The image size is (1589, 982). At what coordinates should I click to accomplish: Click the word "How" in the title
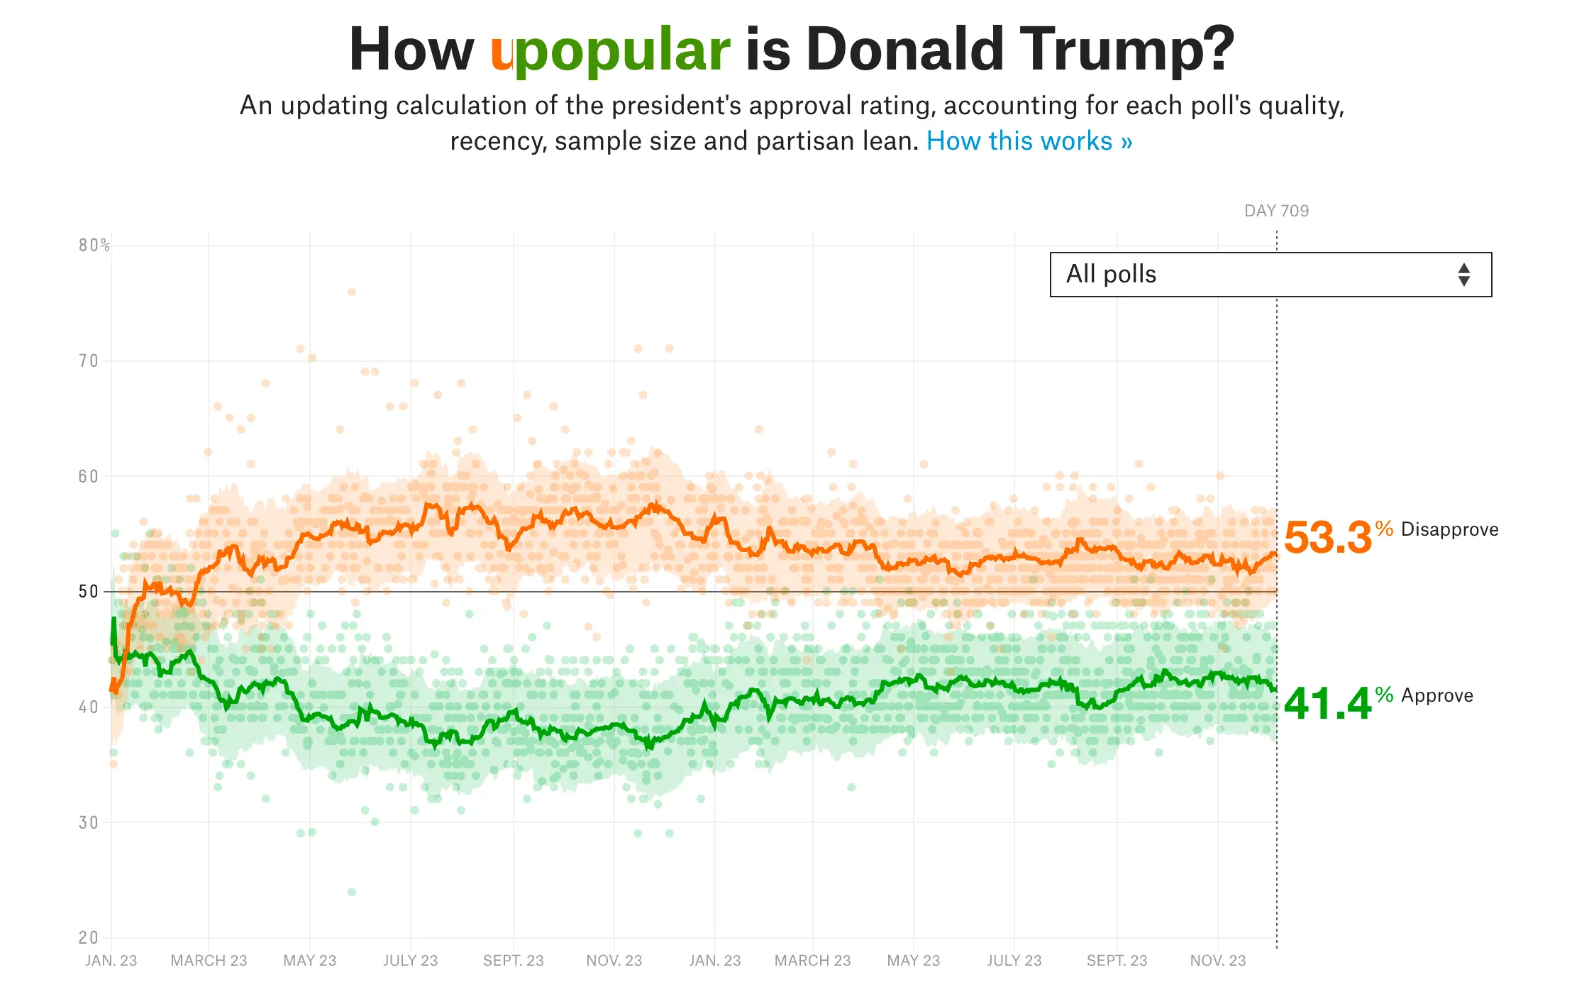[411, 50]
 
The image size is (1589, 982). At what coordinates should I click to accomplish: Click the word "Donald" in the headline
[904, 50]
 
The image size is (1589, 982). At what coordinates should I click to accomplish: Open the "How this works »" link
[1029, 141]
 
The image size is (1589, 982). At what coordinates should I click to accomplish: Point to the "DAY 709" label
[1276, 211]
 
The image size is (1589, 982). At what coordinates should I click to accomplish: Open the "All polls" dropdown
[1270, 275]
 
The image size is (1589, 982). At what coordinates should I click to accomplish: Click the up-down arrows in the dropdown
[1463, 275]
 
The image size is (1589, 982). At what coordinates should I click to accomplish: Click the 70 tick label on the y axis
[89, 361]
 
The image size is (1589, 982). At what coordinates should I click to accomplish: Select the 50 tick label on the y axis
[89, 592]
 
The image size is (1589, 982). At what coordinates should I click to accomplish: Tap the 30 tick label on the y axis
[89, 822]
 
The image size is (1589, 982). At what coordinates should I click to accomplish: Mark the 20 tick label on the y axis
[89, 937]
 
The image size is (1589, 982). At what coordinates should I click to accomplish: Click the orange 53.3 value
[1327, 538]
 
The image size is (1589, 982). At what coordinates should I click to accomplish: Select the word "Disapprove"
[1449, 530]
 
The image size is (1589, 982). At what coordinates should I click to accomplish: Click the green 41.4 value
[1327, 704]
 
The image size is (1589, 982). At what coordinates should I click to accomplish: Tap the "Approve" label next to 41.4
[1436, 696]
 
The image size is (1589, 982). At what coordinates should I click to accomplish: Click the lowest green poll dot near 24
[351, 892]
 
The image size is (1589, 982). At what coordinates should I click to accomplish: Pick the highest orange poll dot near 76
[351, 292]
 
